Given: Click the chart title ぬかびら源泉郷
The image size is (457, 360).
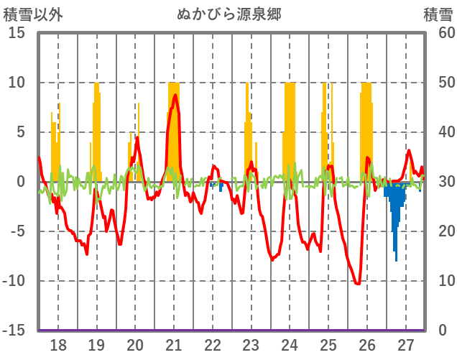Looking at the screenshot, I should [x=229, y=14].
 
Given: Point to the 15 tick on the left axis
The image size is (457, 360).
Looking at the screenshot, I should [x=17, y=33].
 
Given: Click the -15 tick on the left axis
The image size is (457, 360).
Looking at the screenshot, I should [x=14, y=331].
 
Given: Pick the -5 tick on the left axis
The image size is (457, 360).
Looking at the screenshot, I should [x=17, y=231].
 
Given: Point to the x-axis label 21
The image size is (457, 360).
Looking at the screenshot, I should [x=174, y=345].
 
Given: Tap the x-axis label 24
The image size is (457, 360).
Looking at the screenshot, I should [x=290, y=345].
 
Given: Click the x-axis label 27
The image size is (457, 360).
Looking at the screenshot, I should [x=406, y=345].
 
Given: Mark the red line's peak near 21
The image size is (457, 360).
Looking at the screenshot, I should [x=175, y=95].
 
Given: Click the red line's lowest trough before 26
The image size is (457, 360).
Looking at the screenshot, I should [x=357, y=284].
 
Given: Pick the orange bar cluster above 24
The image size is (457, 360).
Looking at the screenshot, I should [x=290, y=129].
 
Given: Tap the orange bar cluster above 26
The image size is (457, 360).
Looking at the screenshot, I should [x=366, y=129].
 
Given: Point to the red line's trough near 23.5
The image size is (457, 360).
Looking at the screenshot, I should [x=272, y=259].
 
